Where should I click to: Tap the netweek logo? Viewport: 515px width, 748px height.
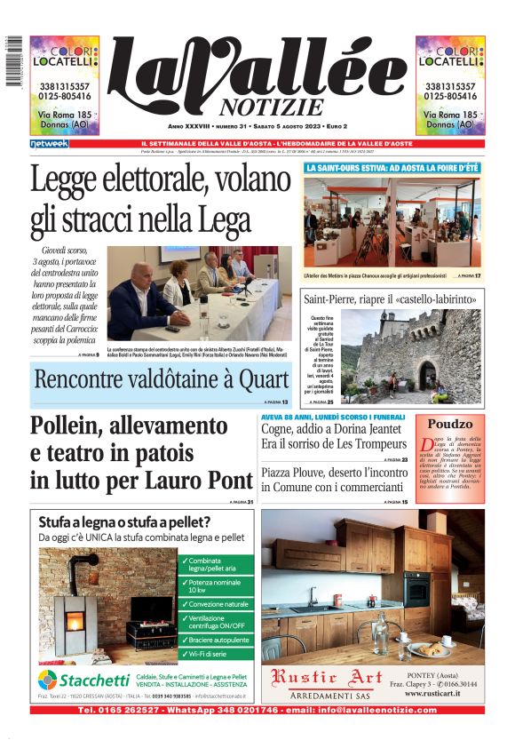coord(49,144)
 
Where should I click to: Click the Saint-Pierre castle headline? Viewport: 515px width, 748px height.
coord(391,298)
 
